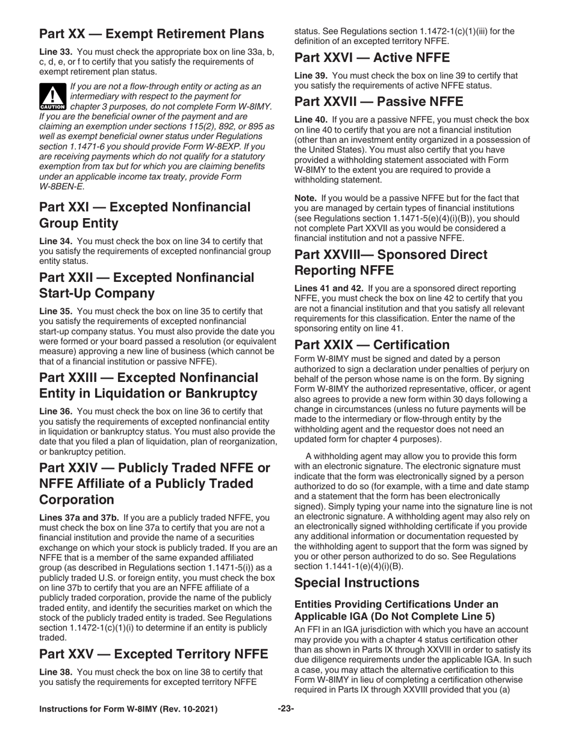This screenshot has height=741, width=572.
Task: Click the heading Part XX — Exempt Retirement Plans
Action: click(x=151, y=33)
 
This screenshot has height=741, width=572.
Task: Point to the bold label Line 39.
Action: click(x=311, y=76)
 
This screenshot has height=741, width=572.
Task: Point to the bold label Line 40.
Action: click(x=311, y=120)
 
